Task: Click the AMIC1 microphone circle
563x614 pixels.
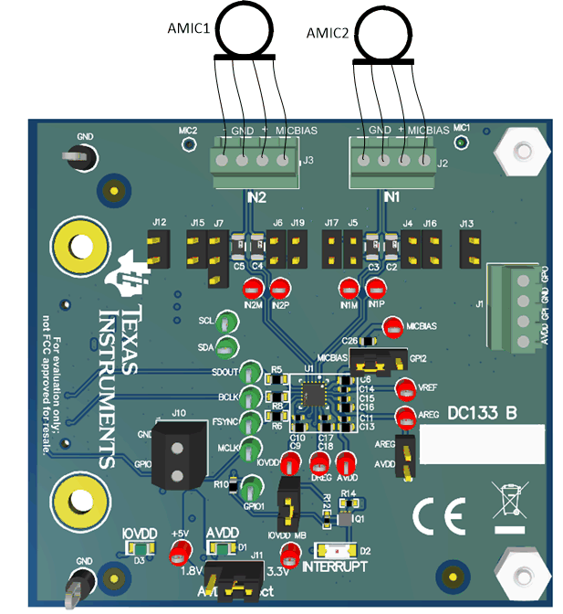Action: [245, 28]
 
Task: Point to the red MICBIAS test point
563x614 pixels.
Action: [391, 325]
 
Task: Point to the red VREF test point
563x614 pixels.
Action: [404, 388]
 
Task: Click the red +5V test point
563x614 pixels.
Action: [181, 550]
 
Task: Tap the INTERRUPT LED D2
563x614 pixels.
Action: [334, 551]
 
